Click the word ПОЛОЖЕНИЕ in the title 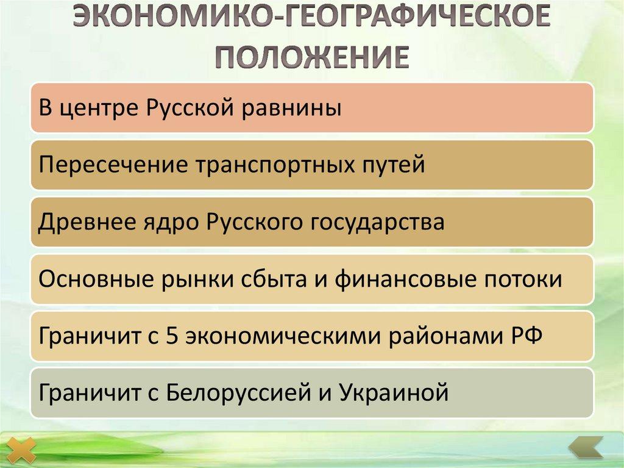point(311,59)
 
